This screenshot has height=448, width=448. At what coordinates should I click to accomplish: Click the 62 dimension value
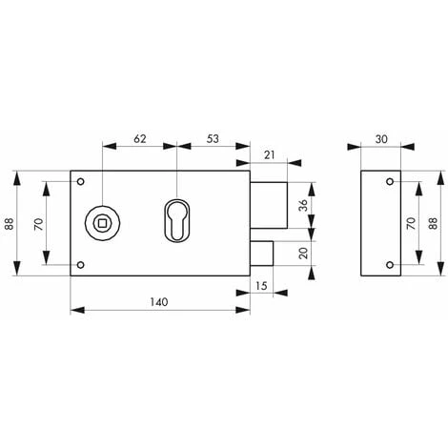139,139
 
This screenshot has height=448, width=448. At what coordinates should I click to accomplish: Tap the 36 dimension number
302,207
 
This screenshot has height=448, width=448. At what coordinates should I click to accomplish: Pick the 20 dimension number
302,254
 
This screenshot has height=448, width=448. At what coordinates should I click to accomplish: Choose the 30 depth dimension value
381,139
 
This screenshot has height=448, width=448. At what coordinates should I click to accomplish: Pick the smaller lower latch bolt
262,254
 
